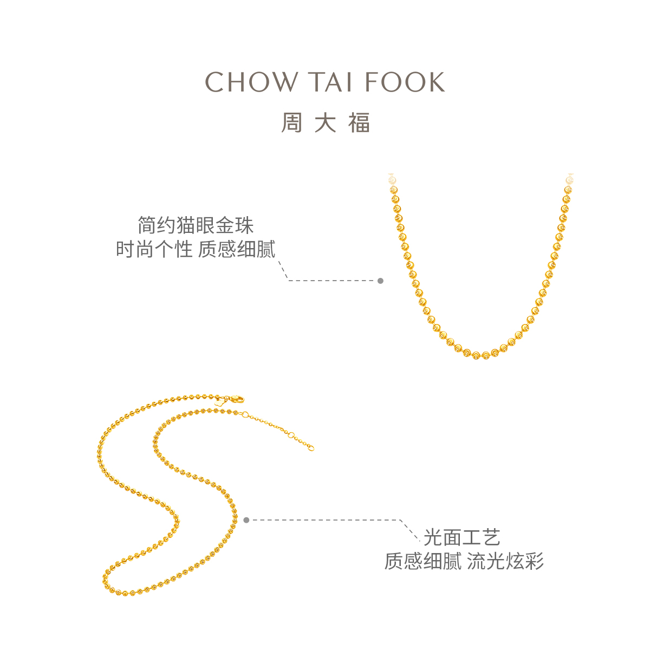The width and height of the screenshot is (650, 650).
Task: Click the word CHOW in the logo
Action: coord(251,82)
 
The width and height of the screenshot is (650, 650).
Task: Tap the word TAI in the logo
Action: coord(331,82)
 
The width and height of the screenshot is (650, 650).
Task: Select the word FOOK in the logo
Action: coord(405,82)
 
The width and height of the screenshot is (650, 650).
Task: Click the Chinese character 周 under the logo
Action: coord(291,123)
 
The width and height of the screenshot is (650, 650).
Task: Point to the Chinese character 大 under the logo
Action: coord(325,123)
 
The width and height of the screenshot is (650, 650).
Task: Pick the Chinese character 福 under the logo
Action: coord(359,123)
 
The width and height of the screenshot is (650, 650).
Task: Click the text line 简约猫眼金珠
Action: coord(196,225)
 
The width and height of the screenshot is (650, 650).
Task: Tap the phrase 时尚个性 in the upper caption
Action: coord(154,249)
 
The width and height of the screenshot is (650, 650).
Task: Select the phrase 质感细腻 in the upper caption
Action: coord(237,249)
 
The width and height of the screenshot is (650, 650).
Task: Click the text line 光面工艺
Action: coord(462,537)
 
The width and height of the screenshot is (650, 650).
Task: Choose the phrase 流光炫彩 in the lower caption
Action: coord(505,561)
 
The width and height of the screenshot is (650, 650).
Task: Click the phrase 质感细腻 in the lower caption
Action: coord(423,561)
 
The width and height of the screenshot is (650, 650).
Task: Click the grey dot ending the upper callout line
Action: coord(380,281)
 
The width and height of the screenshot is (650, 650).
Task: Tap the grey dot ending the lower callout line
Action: coord(246,520)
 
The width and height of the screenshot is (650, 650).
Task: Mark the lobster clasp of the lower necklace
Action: coord(237,400)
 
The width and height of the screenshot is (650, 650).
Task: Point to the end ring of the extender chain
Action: coord(311,448)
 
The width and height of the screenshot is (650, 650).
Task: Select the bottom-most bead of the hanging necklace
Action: coord(485,355)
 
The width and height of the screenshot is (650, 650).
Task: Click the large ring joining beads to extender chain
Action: coord(245,415)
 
